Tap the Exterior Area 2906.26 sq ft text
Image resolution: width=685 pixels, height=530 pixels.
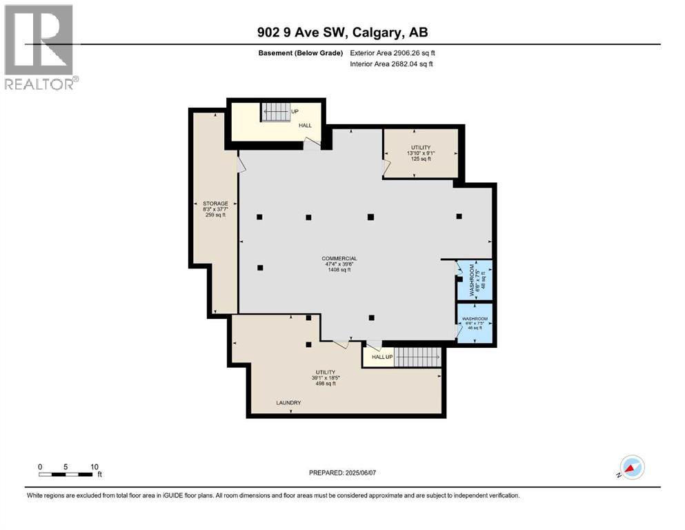393,53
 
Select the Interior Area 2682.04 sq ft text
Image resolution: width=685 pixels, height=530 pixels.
391,63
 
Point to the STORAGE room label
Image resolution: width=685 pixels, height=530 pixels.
215,204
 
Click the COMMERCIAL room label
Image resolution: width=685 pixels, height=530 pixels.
339,259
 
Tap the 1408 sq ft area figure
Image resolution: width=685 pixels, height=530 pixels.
339,270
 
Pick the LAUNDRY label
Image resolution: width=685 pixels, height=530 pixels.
288,402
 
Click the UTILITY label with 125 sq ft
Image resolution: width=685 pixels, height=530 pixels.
421,147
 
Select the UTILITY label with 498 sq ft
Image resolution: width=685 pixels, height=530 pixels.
326,372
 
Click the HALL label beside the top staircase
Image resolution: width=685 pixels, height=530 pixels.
306,126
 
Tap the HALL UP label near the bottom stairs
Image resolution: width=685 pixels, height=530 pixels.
382,357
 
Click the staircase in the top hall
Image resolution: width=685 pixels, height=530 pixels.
276,112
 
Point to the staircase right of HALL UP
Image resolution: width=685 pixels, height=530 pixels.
417,357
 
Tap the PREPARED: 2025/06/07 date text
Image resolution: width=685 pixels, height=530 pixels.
342,473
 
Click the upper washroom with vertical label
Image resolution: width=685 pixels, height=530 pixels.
475,280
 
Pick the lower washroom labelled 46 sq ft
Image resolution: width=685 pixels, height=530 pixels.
475,324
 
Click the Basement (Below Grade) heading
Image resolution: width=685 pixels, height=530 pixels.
301,53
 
